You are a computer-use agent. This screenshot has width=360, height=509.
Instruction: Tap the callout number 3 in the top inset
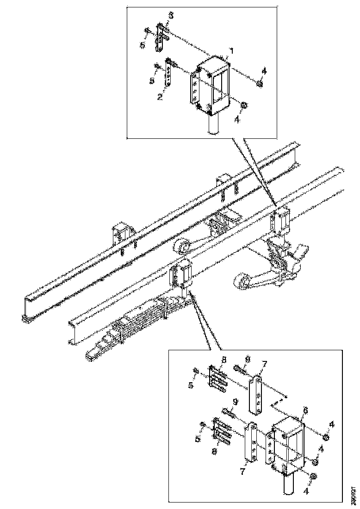(x=171, y=16)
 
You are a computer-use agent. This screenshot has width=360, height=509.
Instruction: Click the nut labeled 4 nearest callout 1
(x=260, y=83)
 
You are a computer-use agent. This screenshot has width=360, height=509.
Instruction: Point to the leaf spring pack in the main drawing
(x=139, y=319)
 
